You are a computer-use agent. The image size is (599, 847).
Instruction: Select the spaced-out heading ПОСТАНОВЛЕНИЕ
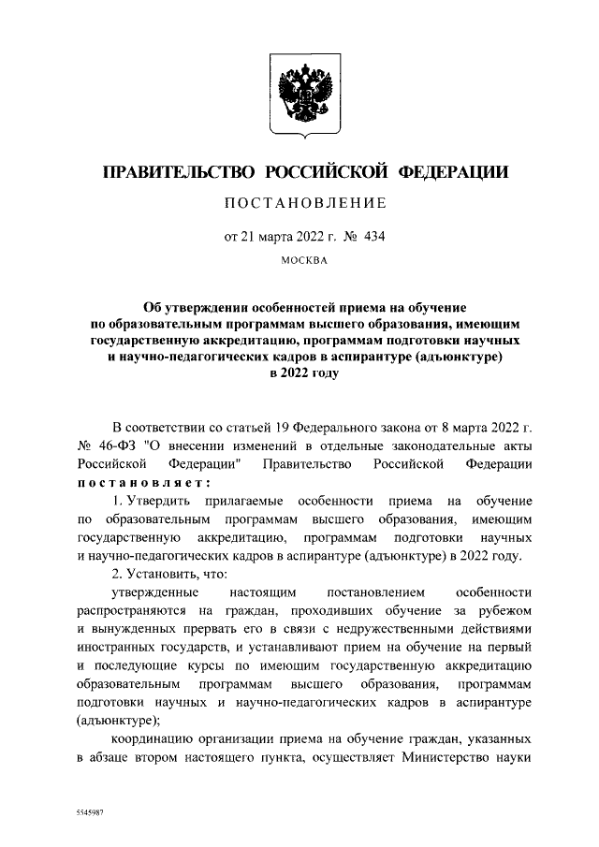[299, 203]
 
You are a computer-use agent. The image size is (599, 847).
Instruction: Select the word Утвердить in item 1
[161, 503]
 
